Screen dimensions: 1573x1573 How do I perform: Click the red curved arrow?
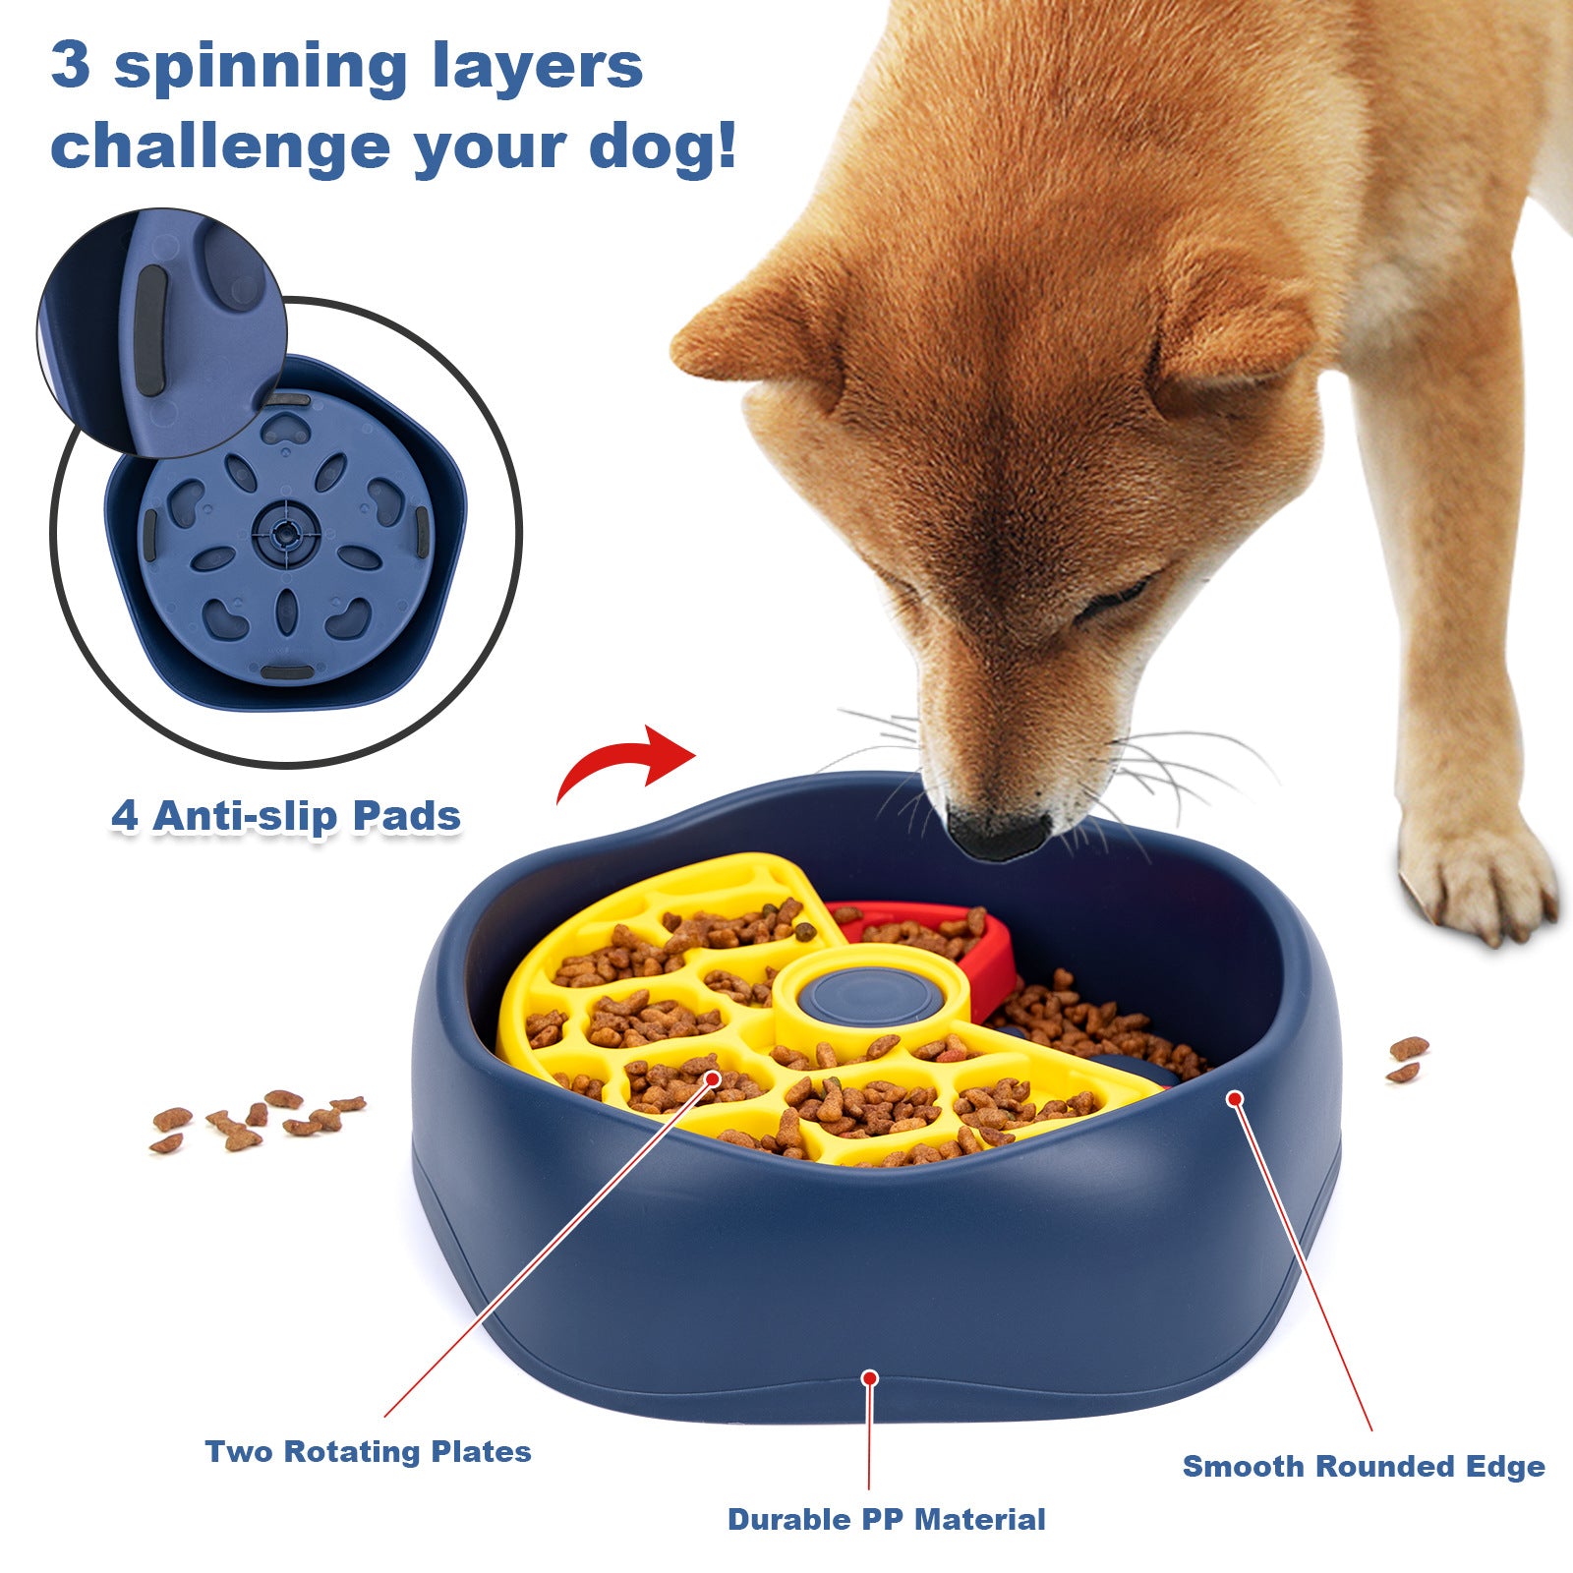629,762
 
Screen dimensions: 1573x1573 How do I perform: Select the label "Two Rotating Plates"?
368,1452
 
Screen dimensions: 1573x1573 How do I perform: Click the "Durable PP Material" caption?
886,1519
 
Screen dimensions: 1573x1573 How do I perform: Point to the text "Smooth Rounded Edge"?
1364,1466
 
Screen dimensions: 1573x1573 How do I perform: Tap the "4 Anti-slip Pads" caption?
285,816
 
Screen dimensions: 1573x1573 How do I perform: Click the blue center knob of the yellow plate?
869,995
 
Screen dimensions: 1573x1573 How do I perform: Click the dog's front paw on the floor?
1475,880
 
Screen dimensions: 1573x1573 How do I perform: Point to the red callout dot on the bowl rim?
1234,1098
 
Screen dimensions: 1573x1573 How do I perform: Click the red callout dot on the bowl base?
869,1378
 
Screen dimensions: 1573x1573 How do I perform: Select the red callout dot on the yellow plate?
713,1078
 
